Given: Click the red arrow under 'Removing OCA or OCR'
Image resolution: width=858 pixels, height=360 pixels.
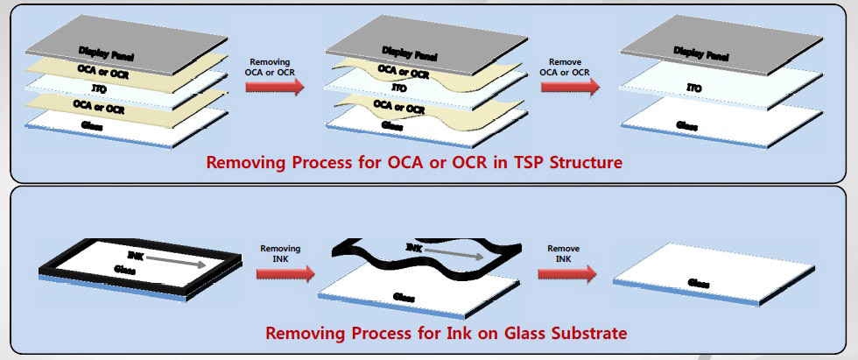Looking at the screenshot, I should (x=274, y=86).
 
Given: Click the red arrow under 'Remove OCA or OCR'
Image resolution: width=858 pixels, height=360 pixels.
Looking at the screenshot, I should (x=570, y=86).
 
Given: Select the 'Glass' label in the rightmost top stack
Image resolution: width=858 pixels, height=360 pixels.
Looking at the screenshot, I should (x=687, y=125).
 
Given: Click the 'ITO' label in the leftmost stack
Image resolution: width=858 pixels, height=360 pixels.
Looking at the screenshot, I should (x=99, y=88).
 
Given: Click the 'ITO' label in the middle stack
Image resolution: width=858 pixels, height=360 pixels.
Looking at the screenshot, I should (x=398, y=88).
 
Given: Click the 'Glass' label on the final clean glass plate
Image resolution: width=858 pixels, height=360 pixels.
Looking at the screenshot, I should (x=698, y=283).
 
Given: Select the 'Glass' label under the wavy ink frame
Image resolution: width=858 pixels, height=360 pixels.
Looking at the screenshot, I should (x=404, y=297).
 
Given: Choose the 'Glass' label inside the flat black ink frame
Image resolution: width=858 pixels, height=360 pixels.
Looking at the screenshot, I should (x=125, y=271).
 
